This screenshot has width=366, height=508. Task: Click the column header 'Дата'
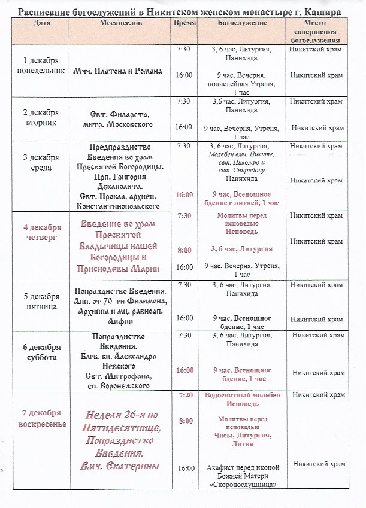[x=42, y=22]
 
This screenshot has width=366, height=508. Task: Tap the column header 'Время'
[x=183, y=22]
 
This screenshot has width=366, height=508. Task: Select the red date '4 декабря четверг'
[x=42, y=232]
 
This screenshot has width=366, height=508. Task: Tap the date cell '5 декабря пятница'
[x=41, y=302]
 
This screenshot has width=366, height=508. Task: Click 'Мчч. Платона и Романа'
[x=118, y=71]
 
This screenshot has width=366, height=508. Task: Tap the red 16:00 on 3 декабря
[x=184, y=194]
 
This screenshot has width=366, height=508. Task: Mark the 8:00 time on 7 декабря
[x=184, y=421]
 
